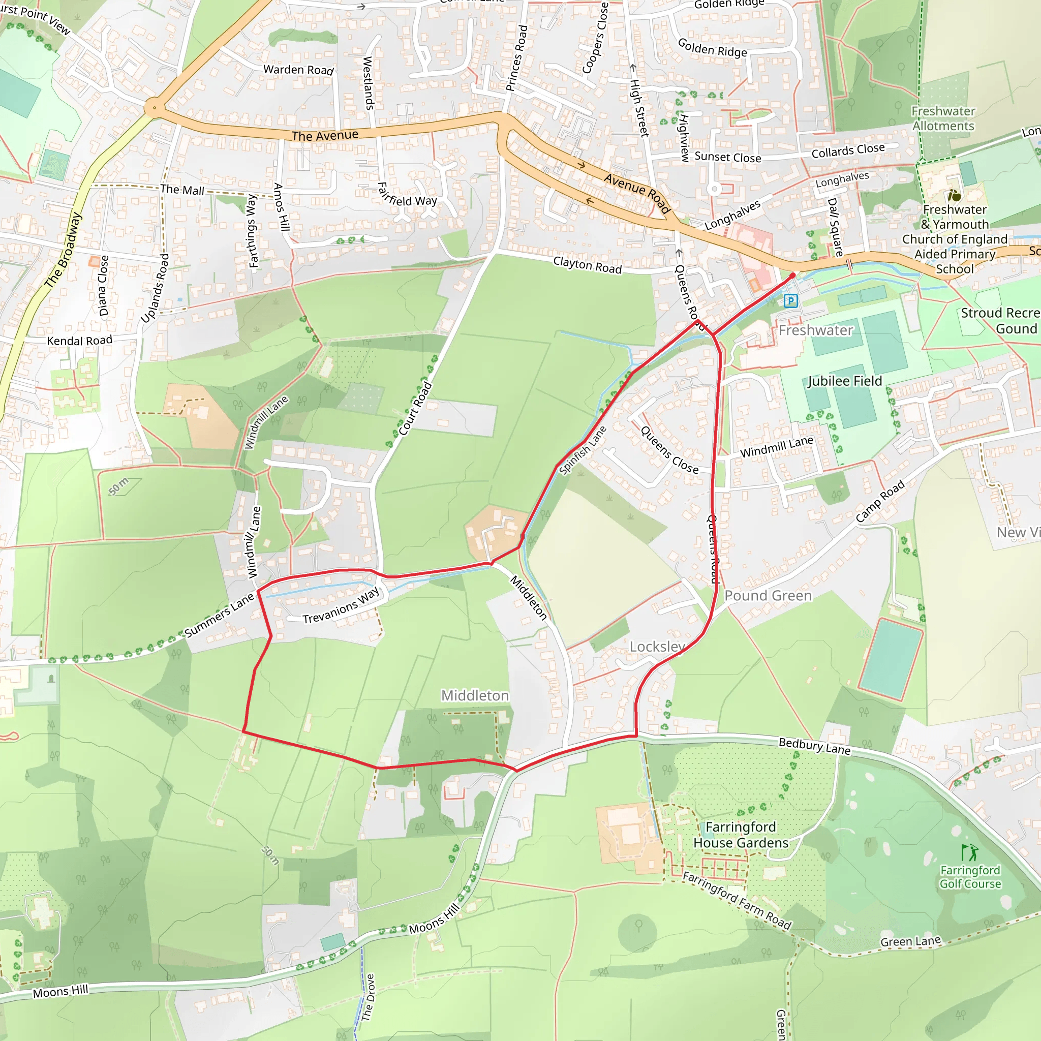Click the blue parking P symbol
tap(790, 301)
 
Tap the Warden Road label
tap(298, 70)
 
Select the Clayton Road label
tap(587, 264)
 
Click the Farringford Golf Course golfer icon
tap(969, 852)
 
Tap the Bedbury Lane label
tap(814, 746)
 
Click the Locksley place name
tap(657, 646)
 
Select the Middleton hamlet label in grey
tap(475, 696)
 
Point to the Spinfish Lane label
tap(583, 450)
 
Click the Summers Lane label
tap(219, 616)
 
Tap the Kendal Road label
tap(80, 341)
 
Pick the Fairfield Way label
tap(407, 195)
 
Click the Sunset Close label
tap(727, 157)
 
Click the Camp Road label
tap(880, 502)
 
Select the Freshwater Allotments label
tap(943, 118)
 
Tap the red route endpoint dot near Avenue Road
tap(792, 275)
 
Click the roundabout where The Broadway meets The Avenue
tap(154, 108)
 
